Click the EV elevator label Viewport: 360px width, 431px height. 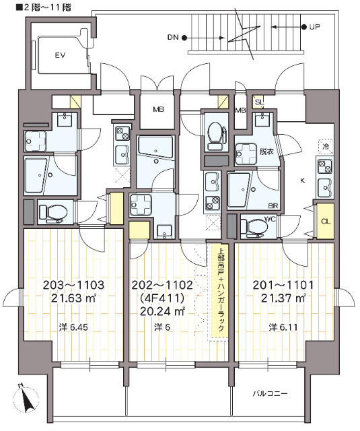[x=60, y=55]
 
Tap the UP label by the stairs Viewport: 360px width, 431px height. [x=314, y=27]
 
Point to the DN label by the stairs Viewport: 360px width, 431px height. [x=173, y=38]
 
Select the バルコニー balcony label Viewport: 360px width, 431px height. [x=271, y=394]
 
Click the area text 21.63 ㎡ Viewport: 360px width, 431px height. [x=73, y=298]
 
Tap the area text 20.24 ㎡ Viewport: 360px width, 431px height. [x=162, y=311]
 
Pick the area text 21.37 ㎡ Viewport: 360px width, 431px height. [x=283, y=298]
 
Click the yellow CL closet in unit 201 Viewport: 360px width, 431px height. [x=326, y=221]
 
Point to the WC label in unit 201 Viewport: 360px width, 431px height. [x=269, y=219]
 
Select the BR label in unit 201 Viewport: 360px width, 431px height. [x=273, y=205]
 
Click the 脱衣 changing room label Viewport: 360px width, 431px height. [x=266, y=152]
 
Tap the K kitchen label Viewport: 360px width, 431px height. [x=303, y=181]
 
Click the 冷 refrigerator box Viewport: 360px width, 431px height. [x=326, y=147]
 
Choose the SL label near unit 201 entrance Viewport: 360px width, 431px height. [x=259, y=102]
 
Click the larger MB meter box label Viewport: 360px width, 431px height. [x=159, y=109]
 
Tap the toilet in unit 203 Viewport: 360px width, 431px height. [x=53, y=213]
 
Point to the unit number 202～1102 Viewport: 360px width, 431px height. [x=162, y=285]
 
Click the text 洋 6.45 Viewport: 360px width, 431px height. [x=73, y=327]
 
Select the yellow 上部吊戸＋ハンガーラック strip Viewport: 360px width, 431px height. [x=220, y=291]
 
